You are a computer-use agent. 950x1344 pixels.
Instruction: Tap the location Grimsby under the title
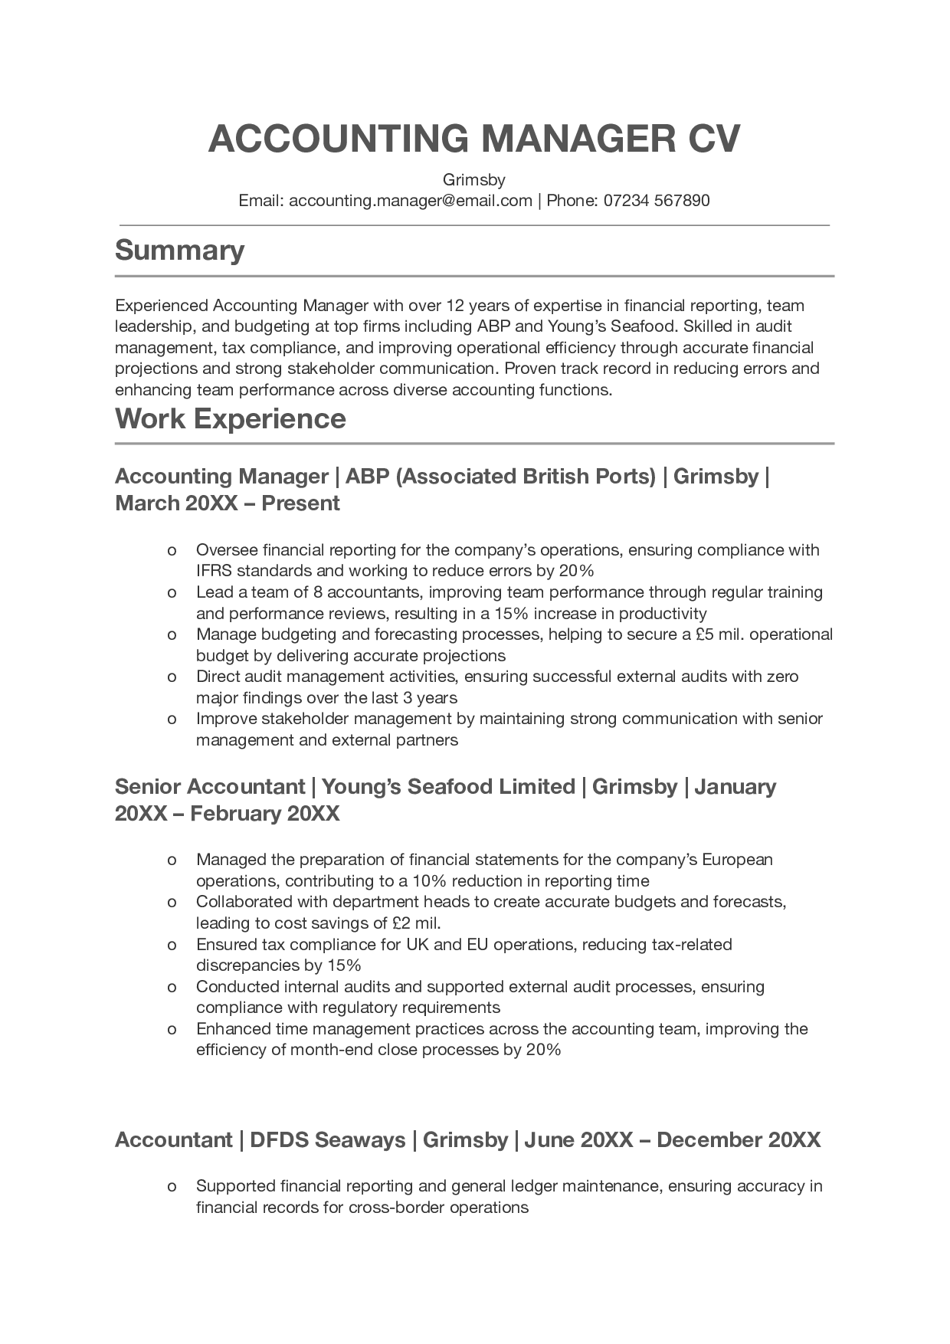[x=474, y=180]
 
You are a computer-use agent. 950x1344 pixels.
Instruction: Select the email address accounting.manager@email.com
[x=411, y=201]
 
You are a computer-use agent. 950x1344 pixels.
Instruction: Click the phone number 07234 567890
[x=657, y=201]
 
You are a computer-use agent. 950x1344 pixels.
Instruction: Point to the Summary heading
[x=179, y=251]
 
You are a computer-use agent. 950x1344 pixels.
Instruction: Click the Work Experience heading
[x=230, y=419]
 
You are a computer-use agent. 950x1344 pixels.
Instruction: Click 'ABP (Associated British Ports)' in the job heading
[x=500, y=477]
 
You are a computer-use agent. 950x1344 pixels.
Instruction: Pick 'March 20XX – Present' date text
[x=227, y=503]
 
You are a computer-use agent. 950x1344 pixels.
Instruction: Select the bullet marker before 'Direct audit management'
[x=172, y=677]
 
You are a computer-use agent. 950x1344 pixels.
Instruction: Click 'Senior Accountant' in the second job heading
[x=210, y=787]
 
